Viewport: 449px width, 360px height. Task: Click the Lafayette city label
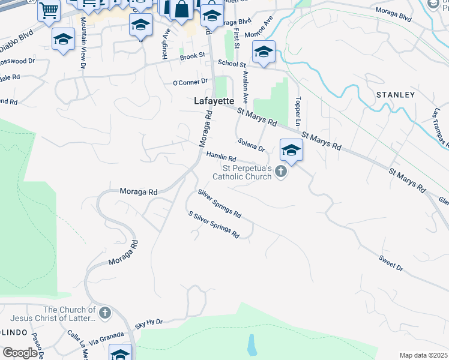[214, 101]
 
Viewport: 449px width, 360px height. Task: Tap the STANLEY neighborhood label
[396, 95]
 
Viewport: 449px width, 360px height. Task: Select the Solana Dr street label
[252, 145]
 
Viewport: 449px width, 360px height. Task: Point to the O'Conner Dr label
[190, 82]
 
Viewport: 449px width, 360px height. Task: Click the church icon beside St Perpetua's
[280, 173]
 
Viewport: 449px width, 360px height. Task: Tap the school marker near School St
[264, 53]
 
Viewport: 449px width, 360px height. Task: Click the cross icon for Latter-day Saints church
[104, 313]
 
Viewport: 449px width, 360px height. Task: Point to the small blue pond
[252, 344]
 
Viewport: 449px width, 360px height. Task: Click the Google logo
[20, 353]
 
